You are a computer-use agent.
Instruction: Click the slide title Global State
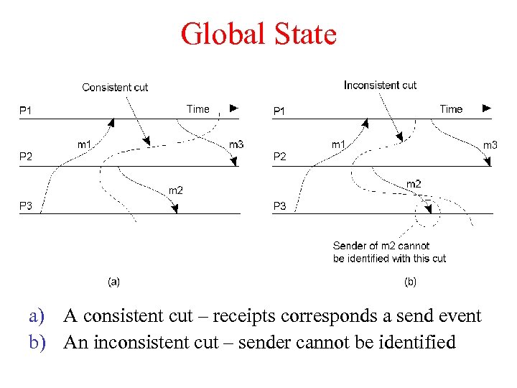tap(258, 34)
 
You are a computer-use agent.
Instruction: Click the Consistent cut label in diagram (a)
tap(115, 88)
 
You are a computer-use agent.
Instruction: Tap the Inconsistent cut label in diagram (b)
tap(380, 86)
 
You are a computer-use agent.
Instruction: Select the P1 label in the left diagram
tap(25, 111)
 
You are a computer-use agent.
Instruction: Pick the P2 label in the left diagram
tap(25, 157)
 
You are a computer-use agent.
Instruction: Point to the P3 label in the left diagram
tap(25, 206)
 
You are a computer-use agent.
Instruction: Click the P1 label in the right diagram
tap(279, 111)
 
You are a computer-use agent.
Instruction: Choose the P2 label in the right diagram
tap(279, 157)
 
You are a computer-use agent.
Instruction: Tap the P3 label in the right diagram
tap(279, 206)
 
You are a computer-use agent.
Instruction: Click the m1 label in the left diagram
tap(84, 144)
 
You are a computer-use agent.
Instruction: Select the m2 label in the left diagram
tap(175, 190)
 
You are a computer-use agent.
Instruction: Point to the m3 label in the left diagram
tap(236, 144)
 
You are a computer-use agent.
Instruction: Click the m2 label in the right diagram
tap(414, 185)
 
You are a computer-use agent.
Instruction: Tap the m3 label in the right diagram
tap(490, 145)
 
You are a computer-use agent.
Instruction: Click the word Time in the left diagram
tap(198, 109)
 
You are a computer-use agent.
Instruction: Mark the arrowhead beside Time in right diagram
tap(487, 108)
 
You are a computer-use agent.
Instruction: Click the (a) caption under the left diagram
tap(113, 282)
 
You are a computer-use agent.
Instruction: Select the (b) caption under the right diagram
tap(410, 282)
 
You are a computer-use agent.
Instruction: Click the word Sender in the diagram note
tap(350, 246)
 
